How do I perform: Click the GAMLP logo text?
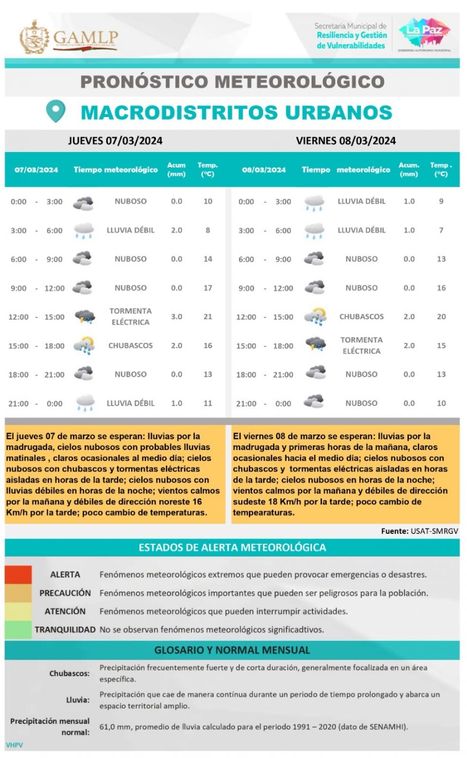(85, 38)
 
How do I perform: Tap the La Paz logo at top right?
(424, 33)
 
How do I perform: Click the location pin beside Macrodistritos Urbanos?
(55, 112)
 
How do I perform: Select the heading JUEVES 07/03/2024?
(115, 141)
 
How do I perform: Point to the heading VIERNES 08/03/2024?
(346, 141)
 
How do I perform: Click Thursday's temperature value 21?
(208, 317)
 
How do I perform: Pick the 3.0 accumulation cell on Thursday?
(176, 317)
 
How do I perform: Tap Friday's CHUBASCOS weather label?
(361, 317)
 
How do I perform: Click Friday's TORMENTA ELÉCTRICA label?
(361, 345)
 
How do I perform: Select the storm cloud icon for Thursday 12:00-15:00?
(84, 317)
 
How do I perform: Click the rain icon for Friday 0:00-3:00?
(314, 202)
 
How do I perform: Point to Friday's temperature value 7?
(441, 230)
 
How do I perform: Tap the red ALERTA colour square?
(18, 575)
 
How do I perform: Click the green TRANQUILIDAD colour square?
(18, 630)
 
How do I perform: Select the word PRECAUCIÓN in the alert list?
(65, 593)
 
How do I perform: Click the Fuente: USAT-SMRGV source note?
(419, 531)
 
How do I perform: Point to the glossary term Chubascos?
(69, 674)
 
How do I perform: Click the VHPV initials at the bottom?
(14, 745)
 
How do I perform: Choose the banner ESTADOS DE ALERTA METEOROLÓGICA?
(232, 548)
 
